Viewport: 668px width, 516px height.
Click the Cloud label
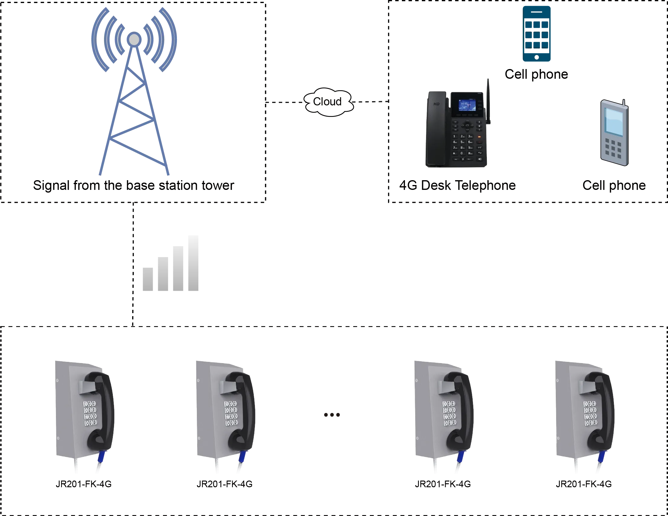[327, 102]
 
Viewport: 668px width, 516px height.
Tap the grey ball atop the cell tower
[134, 39]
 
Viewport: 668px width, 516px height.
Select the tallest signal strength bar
[192, 264]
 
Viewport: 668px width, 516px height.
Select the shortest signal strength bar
[149, 279]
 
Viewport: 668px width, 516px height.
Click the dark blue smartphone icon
[537, 34]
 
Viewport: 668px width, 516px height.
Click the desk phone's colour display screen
[467, 105]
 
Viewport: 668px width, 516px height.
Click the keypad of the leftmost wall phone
[90, 413]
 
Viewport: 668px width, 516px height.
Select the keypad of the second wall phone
[231, 413]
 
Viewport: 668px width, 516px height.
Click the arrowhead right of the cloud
[386, 102]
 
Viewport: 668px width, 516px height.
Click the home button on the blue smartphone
[536, 57]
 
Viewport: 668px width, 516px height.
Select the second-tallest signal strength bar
[178, 269]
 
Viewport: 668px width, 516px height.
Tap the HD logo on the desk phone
[436, 104]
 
